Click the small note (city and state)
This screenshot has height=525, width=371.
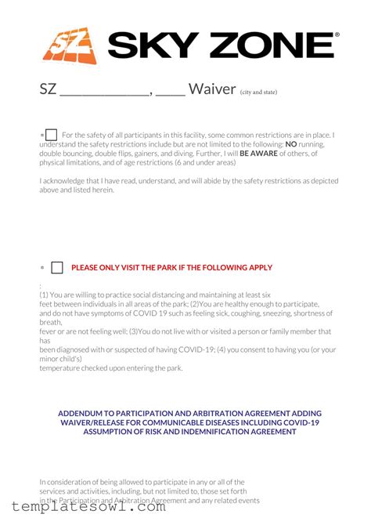(258, 91)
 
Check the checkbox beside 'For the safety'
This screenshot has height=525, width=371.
(52, 135)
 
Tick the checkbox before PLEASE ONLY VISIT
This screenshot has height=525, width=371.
(57, 268)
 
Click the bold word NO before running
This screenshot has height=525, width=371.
(290, 145)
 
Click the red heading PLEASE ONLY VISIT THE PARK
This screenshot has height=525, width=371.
(171, 268)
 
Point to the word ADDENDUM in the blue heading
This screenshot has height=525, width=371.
(84, 413)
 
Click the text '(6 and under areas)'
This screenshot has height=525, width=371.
(201, 163)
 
